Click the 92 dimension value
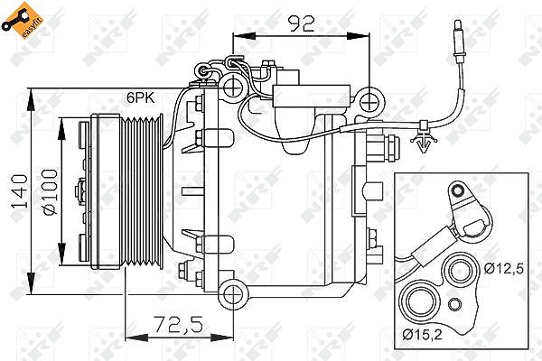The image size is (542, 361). tap(302, 23)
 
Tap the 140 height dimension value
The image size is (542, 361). tap(20, 191)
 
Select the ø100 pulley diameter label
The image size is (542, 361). tap(50, 191)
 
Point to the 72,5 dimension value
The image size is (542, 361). tap(178, 324)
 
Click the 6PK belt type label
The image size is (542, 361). tap(140, 97)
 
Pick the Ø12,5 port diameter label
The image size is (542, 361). tap(504, 268)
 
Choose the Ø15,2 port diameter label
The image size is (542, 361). tap(422, 334)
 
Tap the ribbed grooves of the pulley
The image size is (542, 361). tap(144, 192)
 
